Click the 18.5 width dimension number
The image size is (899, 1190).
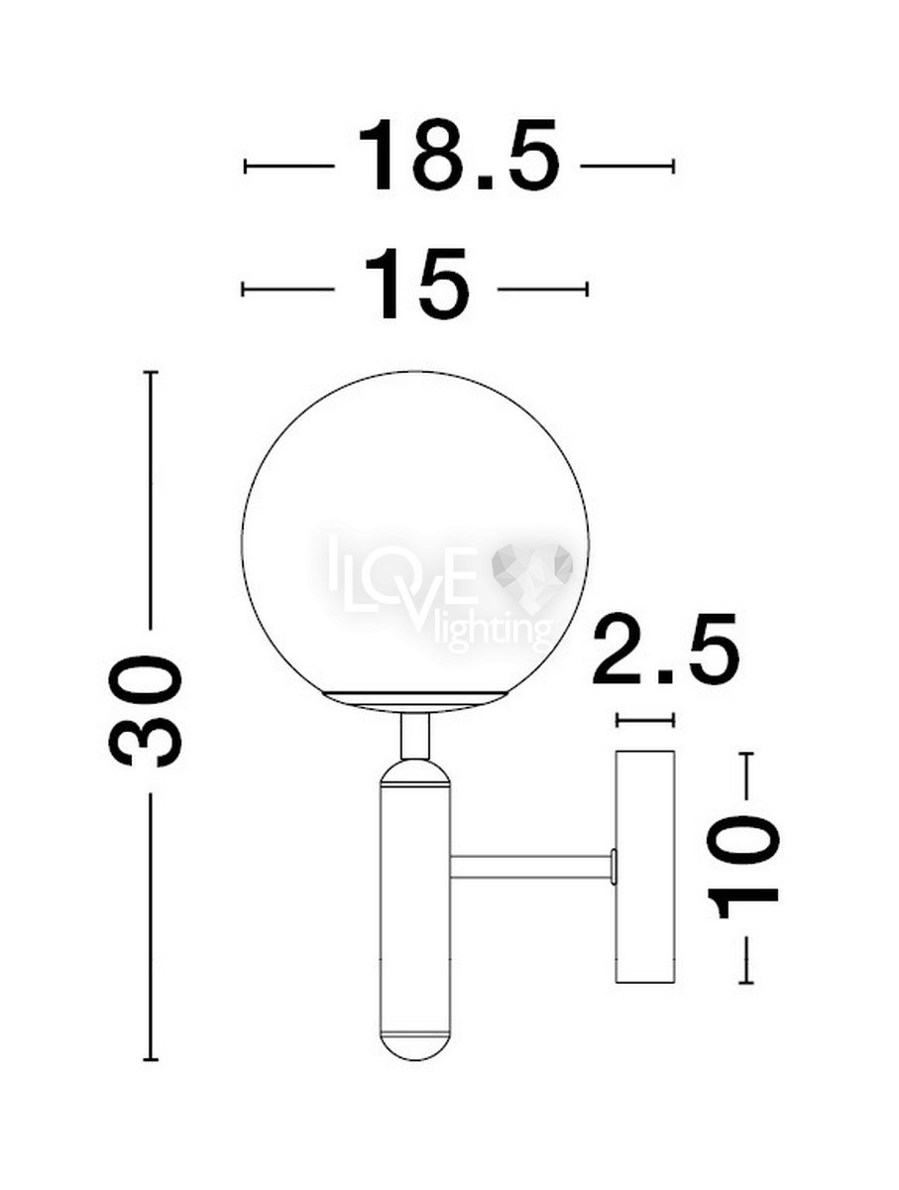click(458, 155)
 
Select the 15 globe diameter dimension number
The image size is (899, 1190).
click(416, 284)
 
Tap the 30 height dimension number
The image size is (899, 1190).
click(145, 711)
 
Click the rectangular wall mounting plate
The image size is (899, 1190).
click(645, 867)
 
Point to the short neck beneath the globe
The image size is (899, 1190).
click(414, 736)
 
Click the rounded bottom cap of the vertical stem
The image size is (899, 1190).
click(415, 1040)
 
